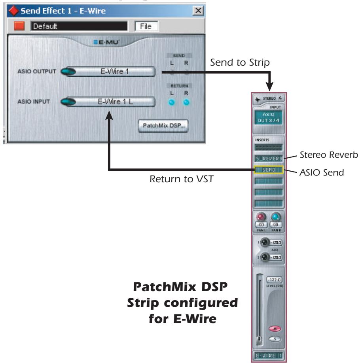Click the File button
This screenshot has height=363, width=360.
(x=146, y=26)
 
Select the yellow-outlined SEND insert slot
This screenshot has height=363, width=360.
(x=268, y=170)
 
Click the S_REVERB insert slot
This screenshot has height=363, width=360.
(x=268, y=159)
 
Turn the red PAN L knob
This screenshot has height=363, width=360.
(x=261, y=216)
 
